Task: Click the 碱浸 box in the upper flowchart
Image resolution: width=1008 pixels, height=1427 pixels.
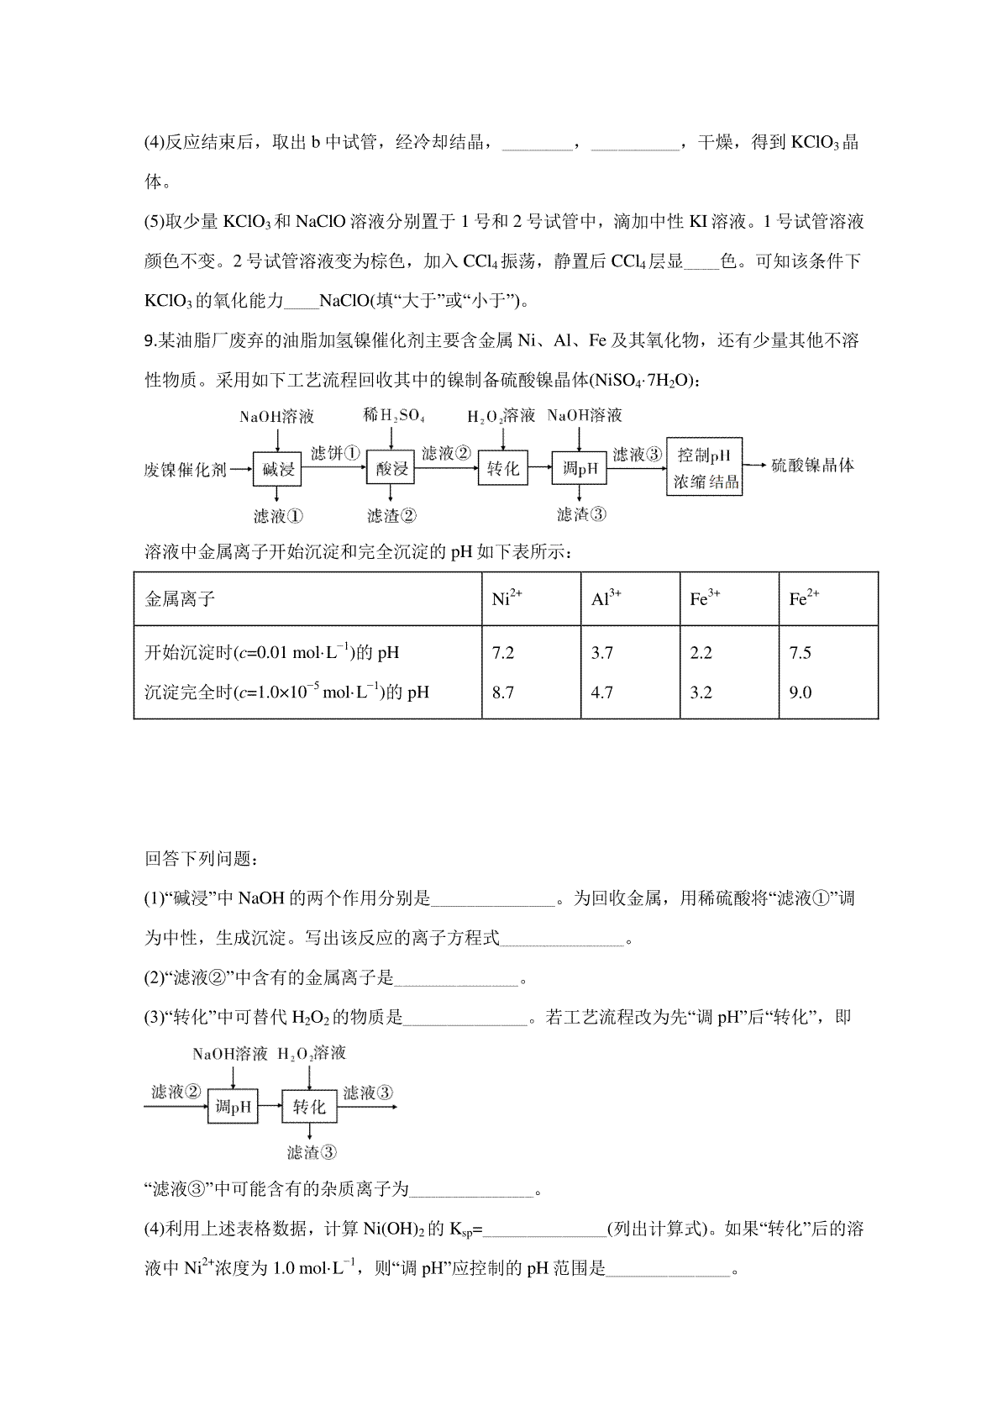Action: (277, 469)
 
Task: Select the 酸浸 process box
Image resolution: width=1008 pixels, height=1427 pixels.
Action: (391, 469)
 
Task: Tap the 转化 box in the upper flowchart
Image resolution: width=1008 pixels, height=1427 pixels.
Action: (503, 469)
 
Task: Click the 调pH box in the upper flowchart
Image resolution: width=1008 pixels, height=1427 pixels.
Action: (580, 469)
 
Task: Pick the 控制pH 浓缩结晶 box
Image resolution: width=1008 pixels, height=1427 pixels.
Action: (705, 467)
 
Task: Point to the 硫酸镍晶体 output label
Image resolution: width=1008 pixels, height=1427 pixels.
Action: (812, 465)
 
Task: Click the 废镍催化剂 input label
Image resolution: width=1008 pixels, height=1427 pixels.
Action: (185, 470)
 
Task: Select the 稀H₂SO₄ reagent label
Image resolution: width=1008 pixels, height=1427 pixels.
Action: (393, 415)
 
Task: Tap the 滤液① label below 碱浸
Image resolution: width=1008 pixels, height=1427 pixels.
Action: (278, 516)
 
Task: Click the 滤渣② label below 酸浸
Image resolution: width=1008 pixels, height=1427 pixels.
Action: (391, 516)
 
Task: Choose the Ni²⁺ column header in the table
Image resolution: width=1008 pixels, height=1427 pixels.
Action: (507, 598)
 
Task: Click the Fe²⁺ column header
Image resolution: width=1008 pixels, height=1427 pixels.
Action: (804, 598)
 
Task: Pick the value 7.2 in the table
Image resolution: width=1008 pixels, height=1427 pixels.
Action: (502, 653)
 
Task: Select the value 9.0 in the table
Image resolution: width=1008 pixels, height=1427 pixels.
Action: (801, 692)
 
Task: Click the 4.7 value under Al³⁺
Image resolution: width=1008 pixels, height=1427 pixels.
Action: (602, 692)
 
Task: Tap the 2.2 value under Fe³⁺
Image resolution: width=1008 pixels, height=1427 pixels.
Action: (701, 653)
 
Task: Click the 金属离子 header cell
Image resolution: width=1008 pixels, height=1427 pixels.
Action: (180, 599)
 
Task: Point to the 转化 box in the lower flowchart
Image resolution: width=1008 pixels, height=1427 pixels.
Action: (309, 1107)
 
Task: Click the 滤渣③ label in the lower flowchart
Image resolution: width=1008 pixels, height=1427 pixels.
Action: (312, 1152)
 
